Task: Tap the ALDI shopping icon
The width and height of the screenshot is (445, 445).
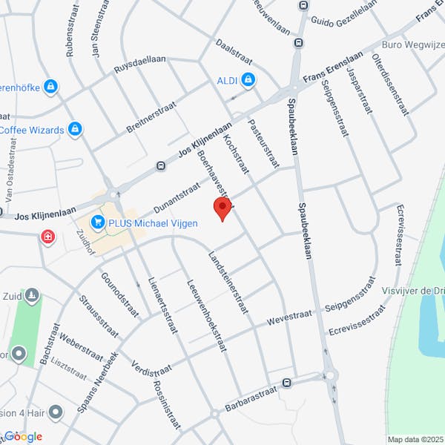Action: tap(248, 79)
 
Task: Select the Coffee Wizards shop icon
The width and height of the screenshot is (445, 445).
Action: tap(74, 130)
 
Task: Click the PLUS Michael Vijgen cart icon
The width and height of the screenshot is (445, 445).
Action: tap(97, 222)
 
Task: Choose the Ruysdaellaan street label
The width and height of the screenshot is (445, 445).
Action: tap(140, 64)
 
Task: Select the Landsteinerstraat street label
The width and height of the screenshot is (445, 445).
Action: tap(229, 282)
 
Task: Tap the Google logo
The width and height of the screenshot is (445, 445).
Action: tap(24, 436)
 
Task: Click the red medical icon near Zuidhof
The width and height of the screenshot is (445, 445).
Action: tap(48, 237)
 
